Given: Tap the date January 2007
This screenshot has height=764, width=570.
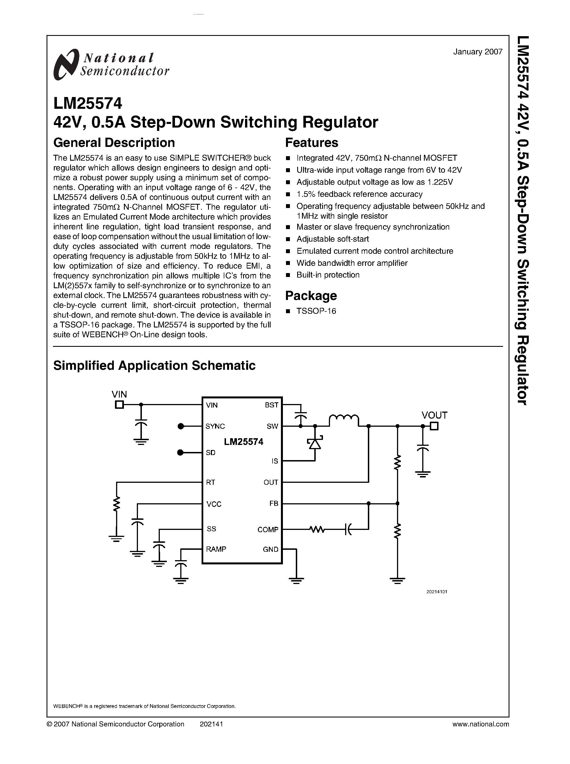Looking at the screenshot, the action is click(477, 52).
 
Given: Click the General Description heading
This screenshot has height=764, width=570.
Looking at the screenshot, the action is click(114, 142).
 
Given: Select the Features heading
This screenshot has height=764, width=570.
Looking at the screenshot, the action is click(311, 142).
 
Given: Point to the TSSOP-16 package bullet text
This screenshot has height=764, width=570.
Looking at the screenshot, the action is click(316, 311).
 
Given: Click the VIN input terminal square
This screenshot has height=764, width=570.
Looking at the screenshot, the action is click(119, 405).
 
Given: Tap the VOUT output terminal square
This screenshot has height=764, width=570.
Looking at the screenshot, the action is click(434, 426).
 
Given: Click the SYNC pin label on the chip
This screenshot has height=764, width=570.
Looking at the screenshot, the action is click(215, 426).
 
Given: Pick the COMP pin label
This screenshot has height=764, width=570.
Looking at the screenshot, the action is click(268, 530).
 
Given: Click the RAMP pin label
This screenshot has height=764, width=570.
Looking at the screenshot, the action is click(216, 549).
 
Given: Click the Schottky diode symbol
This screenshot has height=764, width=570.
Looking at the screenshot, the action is click(315, 443).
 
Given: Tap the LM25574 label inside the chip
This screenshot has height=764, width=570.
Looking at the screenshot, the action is click(244, 442).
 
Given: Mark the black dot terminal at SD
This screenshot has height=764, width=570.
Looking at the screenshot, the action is click(180, 453).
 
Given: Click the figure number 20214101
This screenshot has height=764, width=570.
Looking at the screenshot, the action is click(437, 592).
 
